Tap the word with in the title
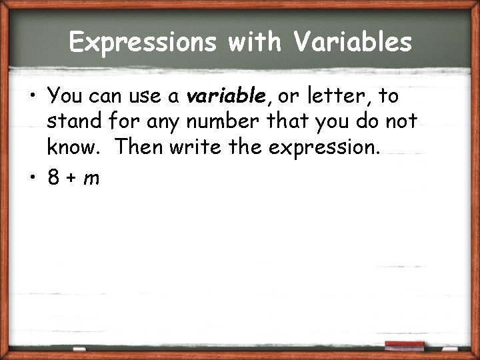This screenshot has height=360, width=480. [x=253, y=42]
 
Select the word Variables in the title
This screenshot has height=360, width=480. [x=352, y=42]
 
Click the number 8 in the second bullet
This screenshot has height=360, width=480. [x=54, y=177]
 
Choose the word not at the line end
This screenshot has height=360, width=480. [x=400, y=122]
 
